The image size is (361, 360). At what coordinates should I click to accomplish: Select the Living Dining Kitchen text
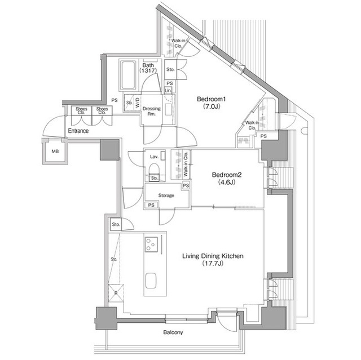point(213,256)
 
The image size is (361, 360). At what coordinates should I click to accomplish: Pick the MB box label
point(55,152)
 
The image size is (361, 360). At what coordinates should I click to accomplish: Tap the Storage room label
point(166,195)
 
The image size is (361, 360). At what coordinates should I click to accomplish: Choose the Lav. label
point(153,157)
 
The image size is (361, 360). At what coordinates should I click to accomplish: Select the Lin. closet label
point(168,90)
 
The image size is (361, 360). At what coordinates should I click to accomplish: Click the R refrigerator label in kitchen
point(116,293)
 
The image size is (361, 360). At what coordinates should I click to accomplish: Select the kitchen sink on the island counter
point(151,281)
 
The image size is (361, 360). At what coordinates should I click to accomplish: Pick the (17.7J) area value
point(213,264)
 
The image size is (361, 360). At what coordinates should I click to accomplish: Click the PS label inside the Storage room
point(151,205)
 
